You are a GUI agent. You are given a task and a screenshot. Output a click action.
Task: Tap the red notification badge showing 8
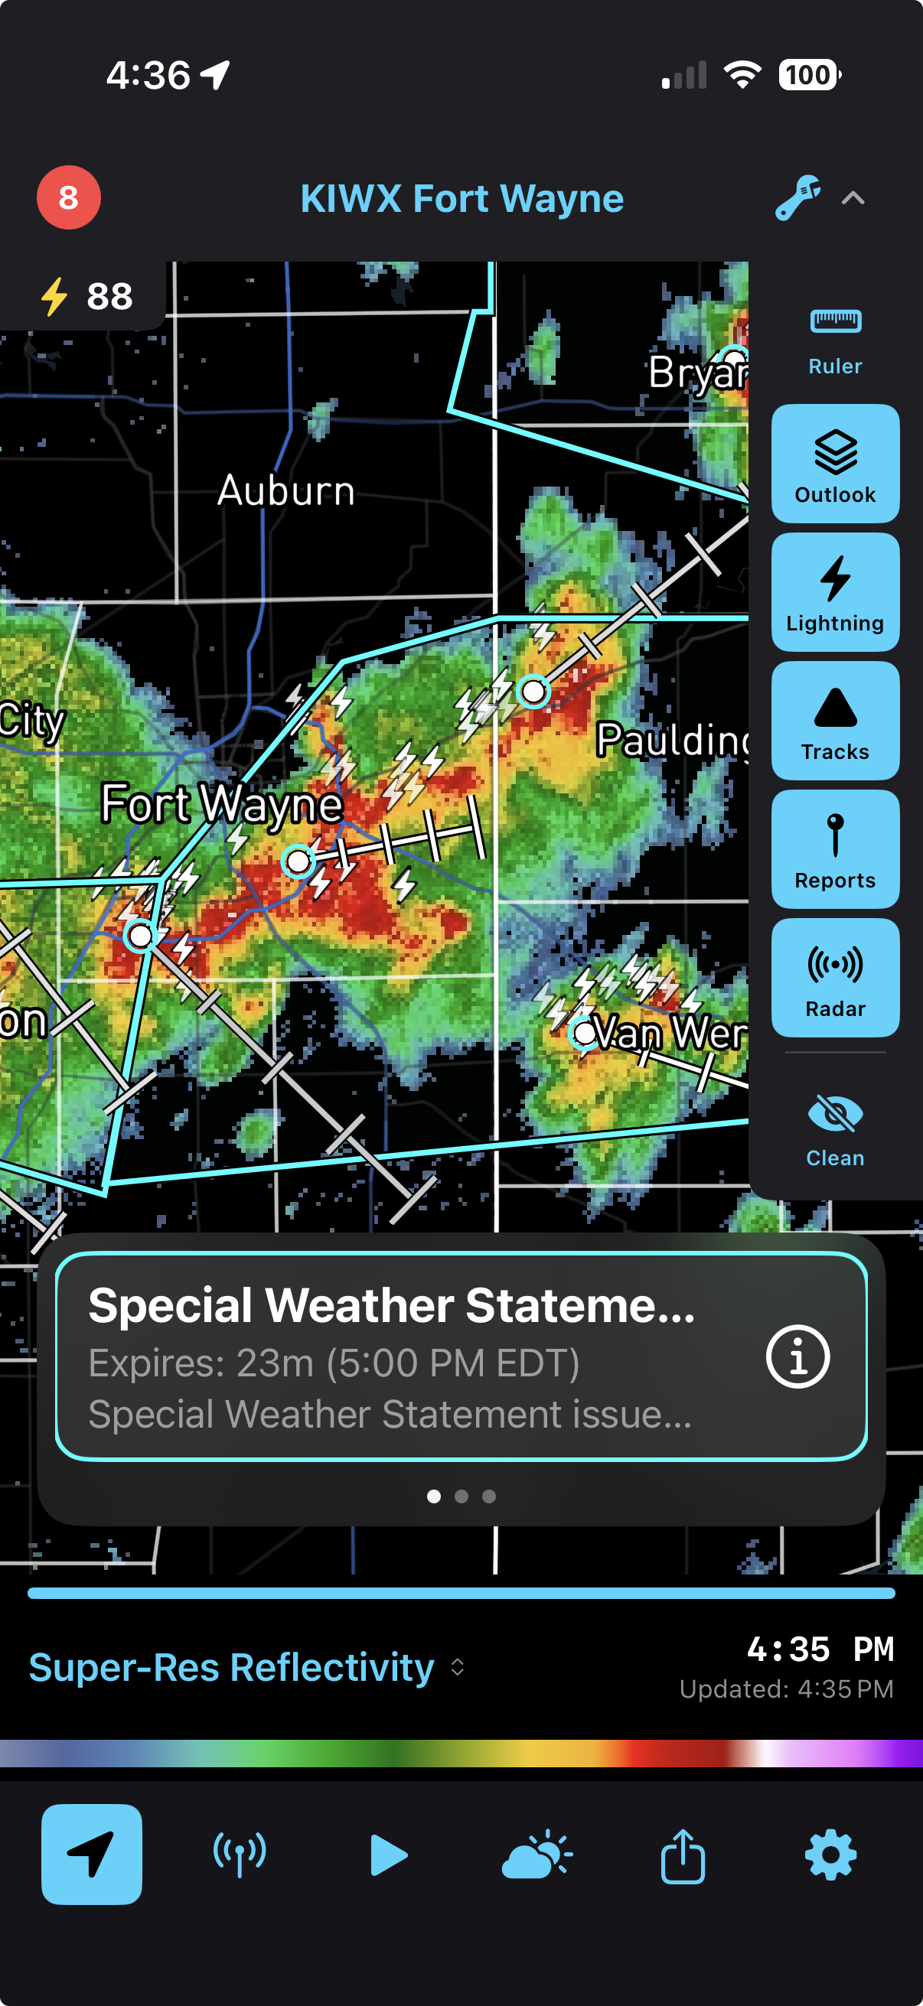(69, 198)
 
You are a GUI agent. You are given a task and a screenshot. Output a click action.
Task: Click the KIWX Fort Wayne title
(462, 199)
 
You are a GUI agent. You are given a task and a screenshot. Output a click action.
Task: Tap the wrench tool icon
(797, 198)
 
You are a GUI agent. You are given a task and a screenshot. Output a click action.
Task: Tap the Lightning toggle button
(835, 592)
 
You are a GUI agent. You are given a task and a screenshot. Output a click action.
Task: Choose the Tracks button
(835, 721)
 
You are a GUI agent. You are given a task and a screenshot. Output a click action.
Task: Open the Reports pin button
(835, 848)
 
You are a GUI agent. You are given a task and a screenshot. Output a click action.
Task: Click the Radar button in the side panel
(835, 977)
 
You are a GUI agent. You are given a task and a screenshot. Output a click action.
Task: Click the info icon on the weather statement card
(797, 1356)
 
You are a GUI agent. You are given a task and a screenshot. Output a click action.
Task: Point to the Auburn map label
(286, 490)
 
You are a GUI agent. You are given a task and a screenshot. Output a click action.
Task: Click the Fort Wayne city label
(222, 803)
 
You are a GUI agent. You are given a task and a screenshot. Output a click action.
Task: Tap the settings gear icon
(830, 1855)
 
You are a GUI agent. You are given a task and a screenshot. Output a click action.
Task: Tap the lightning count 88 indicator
(86, 297)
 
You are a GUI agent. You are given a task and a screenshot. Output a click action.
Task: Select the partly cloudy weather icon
(537, 1855)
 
